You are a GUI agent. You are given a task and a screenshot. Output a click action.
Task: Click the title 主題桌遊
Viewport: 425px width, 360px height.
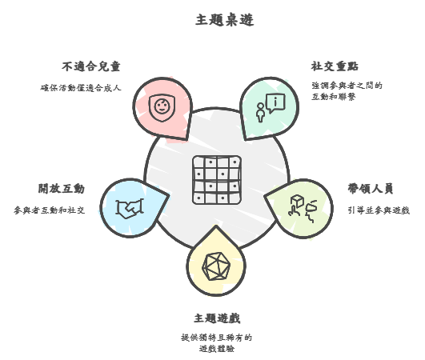(x=224, y=20)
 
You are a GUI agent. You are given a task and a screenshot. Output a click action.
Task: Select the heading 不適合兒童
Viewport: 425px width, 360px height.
(x=91, y=66)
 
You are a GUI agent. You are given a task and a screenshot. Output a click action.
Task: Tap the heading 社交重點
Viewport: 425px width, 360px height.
(x=335, y=66)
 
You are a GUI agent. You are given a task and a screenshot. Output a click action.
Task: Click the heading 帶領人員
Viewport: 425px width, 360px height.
(x=371, y=189)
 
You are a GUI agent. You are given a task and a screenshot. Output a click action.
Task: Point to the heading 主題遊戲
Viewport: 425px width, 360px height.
(x=217, y=318)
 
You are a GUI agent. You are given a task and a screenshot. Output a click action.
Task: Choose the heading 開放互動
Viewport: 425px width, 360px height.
(x=62, y=189)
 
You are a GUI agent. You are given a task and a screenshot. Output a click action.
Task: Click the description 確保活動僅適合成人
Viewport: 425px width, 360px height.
(x=81, y=88)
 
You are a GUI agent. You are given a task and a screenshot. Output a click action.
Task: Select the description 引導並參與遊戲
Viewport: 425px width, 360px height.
(x=379, y=210)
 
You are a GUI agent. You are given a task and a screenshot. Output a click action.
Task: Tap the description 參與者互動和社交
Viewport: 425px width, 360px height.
(x=50, y=210)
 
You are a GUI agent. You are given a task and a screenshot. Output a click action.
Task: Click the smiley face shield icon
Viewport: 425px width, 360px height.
(x=162, y=107)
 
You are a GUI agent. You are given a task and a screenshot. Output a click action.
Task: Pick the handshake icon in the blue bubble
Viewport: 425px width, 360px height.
(x=130, y=209)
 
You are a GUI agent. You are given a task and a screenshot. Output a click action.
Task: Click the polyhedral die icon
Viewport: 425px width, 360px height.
(x=216, y=266)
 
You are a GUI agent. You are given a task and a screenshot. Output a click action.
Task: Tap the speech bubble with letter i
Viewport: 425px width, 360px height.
(x=275, y=103)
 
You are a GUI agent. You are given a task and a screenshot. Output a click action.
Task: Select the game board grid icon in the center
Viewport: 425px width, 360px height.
(x=217, y=180)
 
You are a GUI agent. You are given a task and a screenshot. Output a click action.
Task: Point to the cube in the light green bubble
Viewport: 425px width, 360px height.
(x=297, y=201)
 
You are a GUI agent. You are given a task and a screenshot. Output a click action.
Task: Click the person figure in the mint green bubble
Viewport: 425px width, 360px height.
(x=260, y=113)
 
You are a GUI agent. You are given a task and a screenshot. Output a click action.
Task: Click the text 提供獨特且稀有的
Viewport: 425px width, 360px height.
(x=217, y=338)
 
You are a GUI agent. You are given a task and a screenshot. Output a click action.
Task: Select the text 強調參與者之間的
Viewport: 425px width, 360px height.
(x=347, y=86)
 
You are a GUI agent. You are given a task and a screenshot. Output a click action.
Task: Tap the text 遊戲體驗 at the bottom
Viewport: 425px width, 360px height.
(x=217, y=349)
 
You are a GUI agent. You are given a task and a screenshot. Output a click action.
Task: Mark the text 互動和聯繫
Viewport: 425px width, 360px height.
(x=334, y=97)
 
